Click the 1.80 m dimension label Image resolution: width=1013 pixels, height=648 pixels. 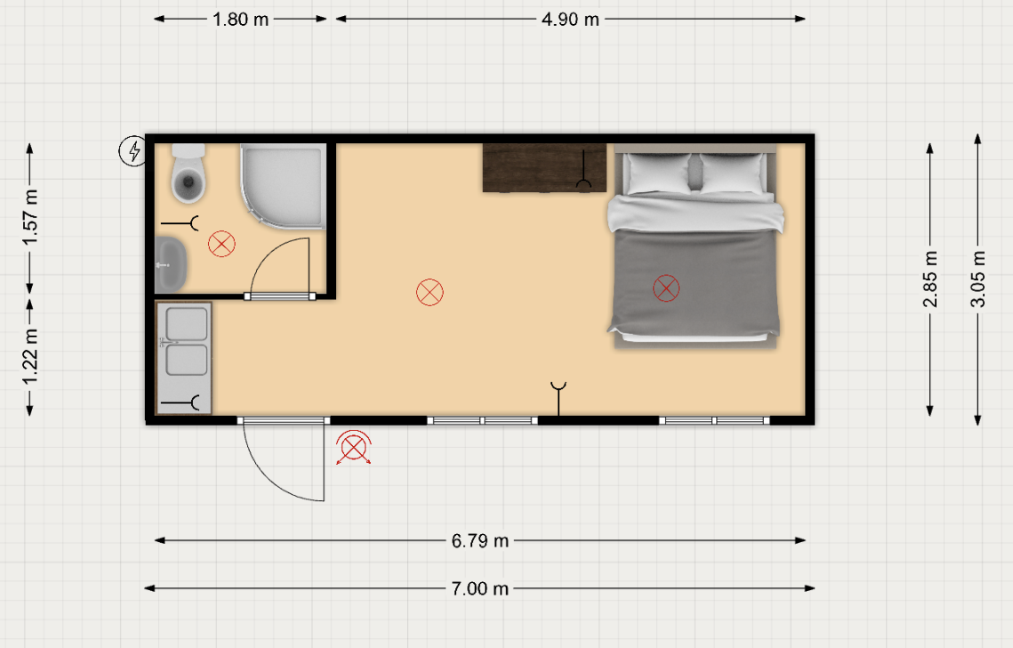[x=240, y=20]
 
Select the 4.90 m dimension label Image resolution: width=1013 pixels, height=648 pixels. [x=570, y=20]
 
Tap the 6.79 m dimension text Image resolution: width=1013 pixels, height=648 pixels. [x=479, y=540]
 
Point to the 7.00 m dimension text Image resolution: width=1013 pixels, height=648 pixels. [x=479, y=588]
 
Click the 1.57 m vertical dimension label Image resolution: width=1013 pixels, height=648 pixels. [x=30, y=217]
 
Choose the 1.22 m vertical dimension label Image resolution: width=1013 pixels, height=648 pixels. [x=30, y=356]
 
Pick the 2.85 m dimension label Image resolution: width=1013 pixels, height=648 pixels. [x=929, y=279]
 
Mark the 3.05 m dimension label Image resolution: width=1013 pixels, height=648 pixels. [x=978, y=279]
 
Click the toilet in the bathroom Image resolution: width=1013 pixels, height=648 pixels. [x=188, y=174]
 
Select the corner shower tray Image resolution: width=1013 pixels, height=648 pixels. [x=283, y=186]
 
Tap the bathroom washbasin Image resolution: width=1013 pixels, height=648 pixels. [x=171, y=264]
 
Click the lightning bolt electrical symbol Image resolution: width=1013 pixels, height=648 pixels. [x=133, y=151]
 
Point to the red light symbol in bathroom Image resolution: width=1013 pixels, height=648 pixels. [x=221, y=244]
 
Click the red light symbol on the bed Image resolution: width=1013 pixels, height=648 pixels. [x=666, y=288]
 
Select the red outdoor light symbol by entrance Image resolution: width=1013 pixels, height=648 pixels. [x=353, y=448]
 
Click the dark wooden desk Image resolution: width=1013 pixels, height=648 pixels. [x=544, y=168]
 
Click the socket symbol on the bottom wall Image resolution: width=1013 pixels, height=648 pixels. [x=559, y=399]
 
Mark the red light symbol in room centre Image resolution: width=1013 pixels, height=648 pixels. [x=430, y=292]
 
